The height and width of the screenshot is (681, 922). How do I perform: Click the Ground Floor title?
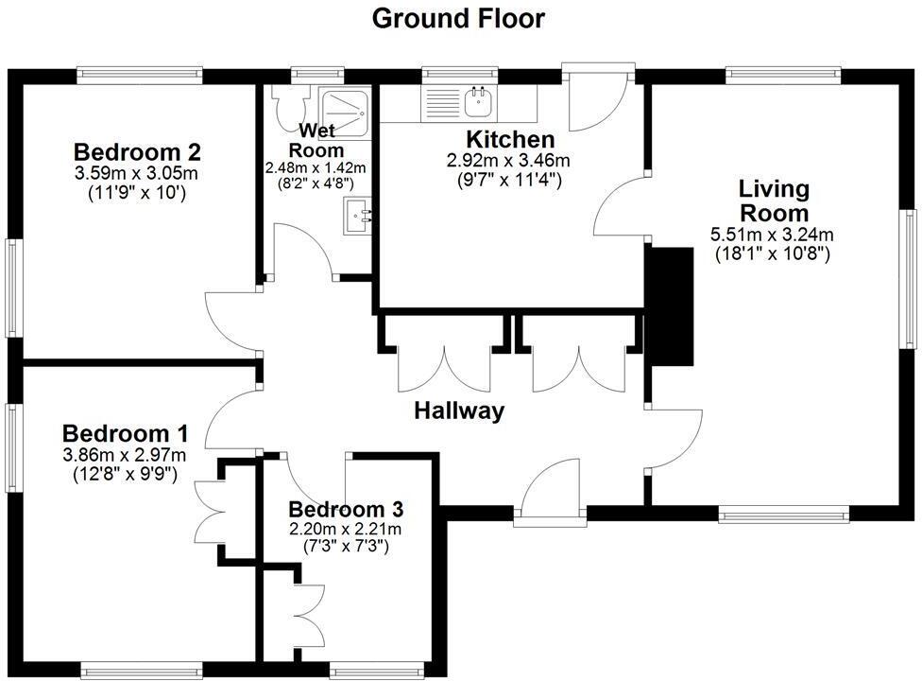pyautogui.click(x=458, y=18)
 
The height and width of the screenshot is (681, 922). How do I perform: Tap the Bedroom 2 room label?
pyautogui.click(x=137, y=151)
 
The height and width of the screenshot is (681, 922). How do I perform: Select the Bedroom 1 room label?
pyautogui.click(x=125, y=433)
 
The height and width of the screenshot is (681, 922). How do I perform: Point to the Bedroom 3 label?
pyautogui.click(x=345, y=510)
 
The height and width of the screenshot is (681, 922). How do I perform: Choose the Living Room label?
pyautogui.click(x=774, y=200)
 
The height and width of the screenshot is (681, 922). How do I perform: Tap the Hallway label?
pyautogui.click(x=458, y=410)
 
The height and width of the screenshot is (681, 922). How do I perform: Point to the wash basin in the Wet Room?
pyautogui.click(x=358, y=217)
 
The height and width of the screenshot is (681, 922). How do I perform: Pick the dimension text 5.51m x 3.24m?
pyautogui.click(x=773, y=235)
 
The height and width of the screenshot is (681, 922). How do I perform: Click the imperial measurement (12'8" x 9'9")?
pyautogui.click(x=125, y=473)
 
